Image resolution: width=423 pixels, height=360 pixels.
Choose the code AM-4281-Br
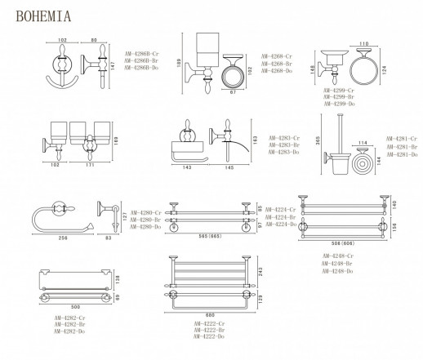402,146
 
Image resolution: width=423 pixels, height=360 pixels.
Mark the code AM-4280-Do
140,227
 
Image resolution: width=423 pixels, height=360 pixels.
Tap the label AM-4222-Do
208,336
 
